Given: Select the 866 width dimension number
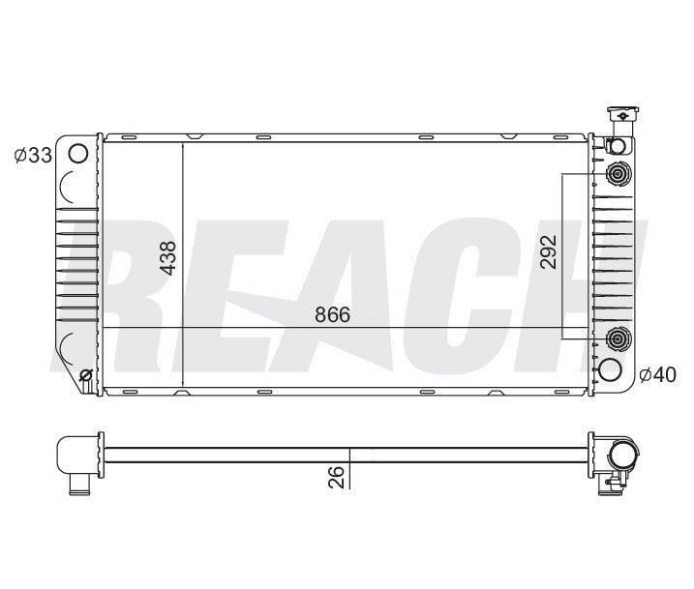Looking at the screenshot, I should point(332,315).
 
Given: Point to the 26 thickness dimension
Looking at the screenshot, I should point(336,476).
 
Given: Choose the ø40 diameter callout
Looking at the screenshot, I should point(658,373).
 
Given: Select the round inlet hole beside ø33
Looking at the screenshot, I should point(79,153).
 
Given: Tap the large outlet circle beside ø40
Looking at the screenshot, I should point(610,369).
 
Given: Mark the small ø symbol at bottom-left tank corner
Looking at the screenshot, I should point(85,375).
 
